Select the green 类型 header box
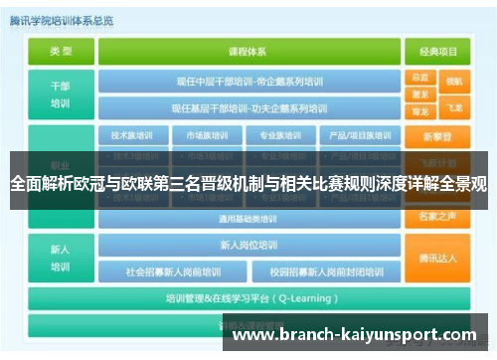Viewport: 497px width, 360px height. (x=61, y=50)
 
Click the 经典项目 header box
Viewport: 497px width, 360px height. (x=437, y=50)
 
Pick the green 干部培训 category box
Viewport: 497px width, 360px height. (x=61, y=93)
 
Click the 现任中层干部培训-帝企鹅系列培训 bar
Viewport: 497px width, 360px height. (x=251, y=81)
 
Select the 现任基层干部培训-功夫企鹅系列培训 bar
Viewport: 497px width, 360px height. (x=251, y=107)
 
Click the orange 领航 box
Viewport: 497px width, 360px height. (x=454, y=81)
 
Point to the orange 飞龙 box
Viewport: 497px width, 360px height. (x=454, y=106)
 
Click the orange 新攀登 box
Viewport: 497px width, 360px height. (x=437, y=136)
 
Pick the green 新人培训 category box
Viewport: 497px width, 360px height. (x=61, y=257)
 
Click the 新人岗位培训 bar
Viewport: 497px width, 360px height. (x=251, y=245)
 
